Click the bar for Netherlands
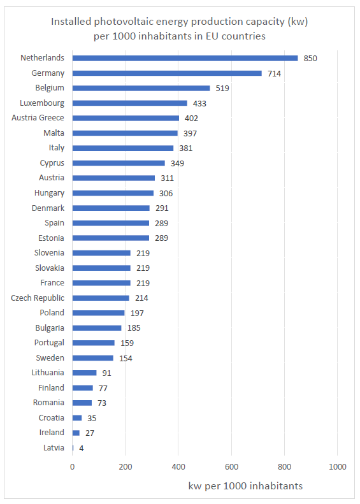(185, 58)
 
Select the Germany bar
(167, 73)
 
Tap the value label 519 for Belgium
(222, 89)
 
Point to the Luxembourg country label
(42, 103)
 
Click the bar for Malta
(125, 133)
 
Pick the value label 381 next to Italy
(186, 148)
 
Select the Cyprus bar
(119, 163)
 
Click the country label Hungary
(49, 193)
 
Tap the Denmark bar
(111, 208)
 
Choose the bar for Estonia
(111, 238)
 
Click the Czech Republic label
(38, 298)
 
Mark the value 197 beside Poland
(137, 313)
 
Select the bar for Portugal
(94, 343)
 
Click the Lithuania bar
(85, 373)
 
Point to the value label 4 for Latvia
(82, 448)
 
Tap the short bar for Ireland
(76, 433)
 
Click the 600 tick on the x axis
(231, 466)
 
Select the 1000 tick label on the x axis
(338, 466)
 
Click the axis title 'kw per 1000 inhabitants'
(245, 486)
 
